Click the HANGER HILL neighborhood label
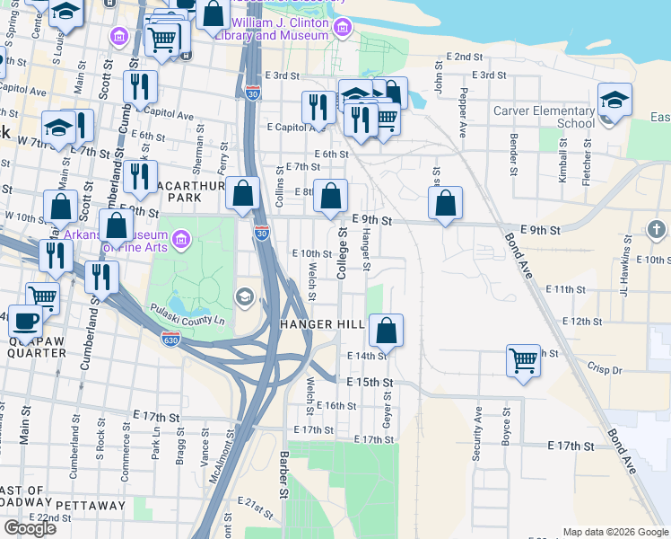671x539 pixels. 322,324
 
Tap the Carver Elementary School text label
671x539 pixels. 544,117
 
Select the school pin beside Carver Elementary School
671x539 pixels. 615,102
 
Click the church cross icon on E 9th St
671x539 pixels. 656,230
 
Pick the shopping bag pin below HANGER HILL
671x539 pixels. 386,331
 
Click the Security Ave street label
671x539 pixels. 478,433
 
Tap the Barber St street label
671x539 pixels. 283,474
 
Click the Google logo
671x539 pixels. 30,528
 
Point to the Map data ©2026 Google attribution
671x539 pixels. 614,532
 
